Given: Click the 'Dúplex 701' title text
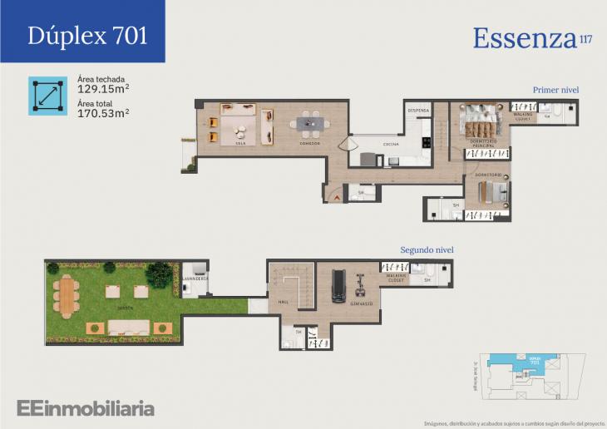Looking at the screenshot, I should click(87, 35).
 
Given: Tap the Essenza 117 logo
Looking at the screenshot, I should click(532, 37).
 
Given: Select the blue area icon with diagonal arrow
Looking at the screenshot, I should click(47, 96).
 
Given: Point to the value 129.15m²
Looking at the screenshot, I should click(103, 88).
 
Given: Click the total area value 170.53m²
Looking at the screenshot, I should click(103, 112).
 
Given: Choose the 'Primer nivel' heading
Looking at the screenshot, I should click(555, 90).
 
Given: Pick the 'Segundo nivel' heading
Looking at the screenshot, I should click(427, 249).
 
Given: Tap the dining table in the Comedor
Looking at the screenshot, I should click(309, 125).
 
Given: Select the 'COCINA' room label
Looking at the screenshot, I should click(390, 145).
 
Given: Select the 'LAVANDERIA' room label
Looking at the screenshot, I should click(196, 279).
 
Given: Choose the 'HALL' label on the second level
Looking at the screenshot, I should click(283, 303).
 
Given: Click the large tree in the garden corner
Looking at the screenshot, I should click(158, 274).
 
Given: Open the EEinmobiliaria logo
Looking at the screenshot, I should click(85, 408).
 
